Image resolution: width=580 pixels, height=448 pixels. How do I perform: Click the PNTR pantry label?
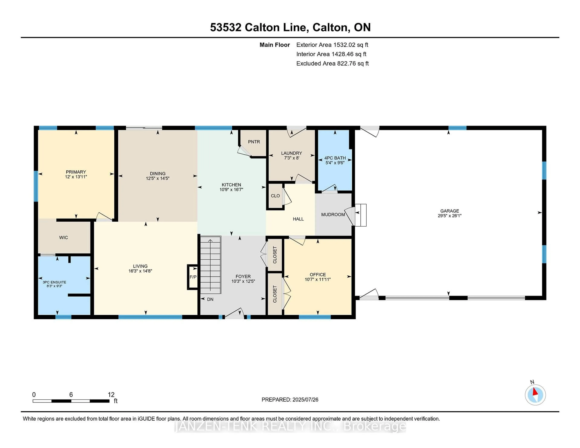(x=254, y=142)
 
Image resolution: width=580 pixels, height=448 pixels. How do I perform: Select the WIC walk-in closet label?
(x=63, y=238)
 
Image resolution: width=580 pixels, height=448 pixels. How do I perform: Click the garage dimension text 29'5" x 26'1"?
(x=450, y=216)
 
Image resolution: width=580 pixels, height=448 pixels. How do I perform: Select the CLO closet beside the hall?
(x=275, y=196)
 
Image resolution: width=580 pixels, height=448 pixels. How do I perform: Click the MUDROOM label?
(x=333, y=214)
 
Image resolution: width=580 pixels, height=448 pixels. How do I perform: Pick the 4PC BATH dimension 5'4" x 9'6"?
(x=335, y=163)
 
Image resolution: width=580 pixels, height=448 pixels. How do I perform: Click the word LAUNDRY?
(x=292, y=153)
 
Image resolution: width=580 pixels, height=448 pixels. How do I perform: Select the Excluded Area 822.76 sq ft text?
(x=332, y=63)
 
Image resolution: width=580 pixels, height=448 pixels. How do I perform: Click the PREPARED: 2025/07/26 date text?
(x=290, y=400)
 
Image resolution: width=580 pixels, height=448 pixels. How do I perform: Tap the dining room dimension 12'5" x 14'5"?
(x=158, y=178)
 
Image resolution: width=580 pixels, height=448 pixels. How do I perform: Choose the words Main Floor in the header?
(x=275, y=45)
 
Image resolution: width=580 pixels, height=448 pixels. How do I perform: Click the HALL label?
(x=298, y=219)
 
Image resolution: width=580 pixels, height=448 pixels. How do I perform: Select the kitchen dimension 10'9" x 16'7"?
(x=231, y=189)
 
